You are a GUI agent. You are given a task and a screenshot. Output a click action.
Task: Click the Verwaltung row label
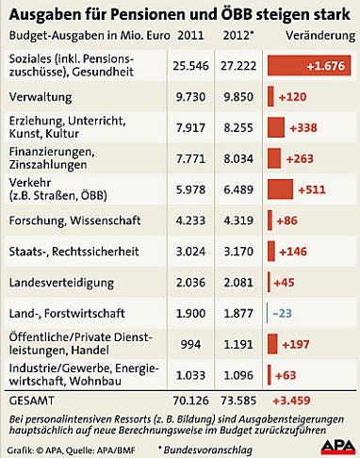pyautogui.click(x=41, y=96)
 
